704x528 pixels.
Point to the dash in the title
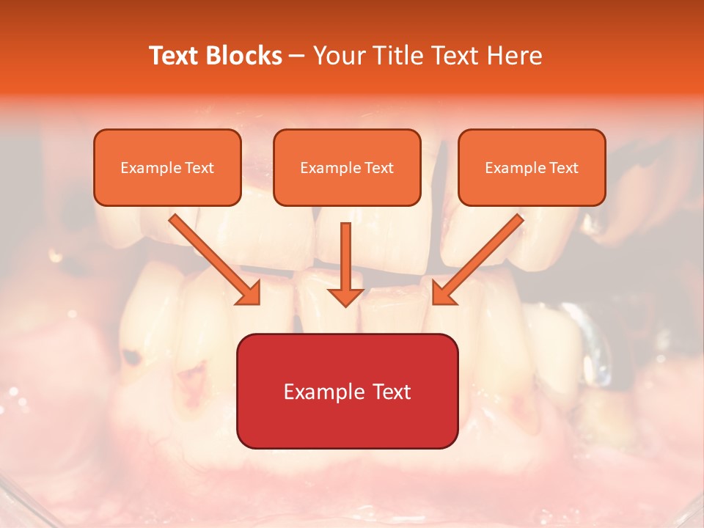pyautogui.click(x=297, y=56)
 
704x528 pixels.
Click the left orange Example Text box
pyautogui.click(x=167, y=167)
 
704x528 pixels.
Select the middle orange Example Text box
pyautogui.click(x=347, y=167)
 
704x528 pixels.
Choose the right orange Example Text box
pyautogui.click(x=532, y=167)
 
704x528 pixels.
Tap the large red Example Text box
pyautogui.click(x=347, y=391)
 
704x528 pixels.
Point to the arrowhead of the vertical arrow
pyautogui.click(x=345, y=296)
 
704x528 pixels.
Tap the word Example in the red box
pyautogui.click(x=318, y=392)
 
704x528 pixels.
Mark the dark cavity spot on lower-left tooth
pyautogui.click(x=131, y=358)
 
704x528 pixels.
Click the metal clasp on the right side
pyautogui.click(x=595, y=345)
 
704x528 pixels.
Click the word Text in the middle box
pyautogui.click(x=379, y=168)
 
